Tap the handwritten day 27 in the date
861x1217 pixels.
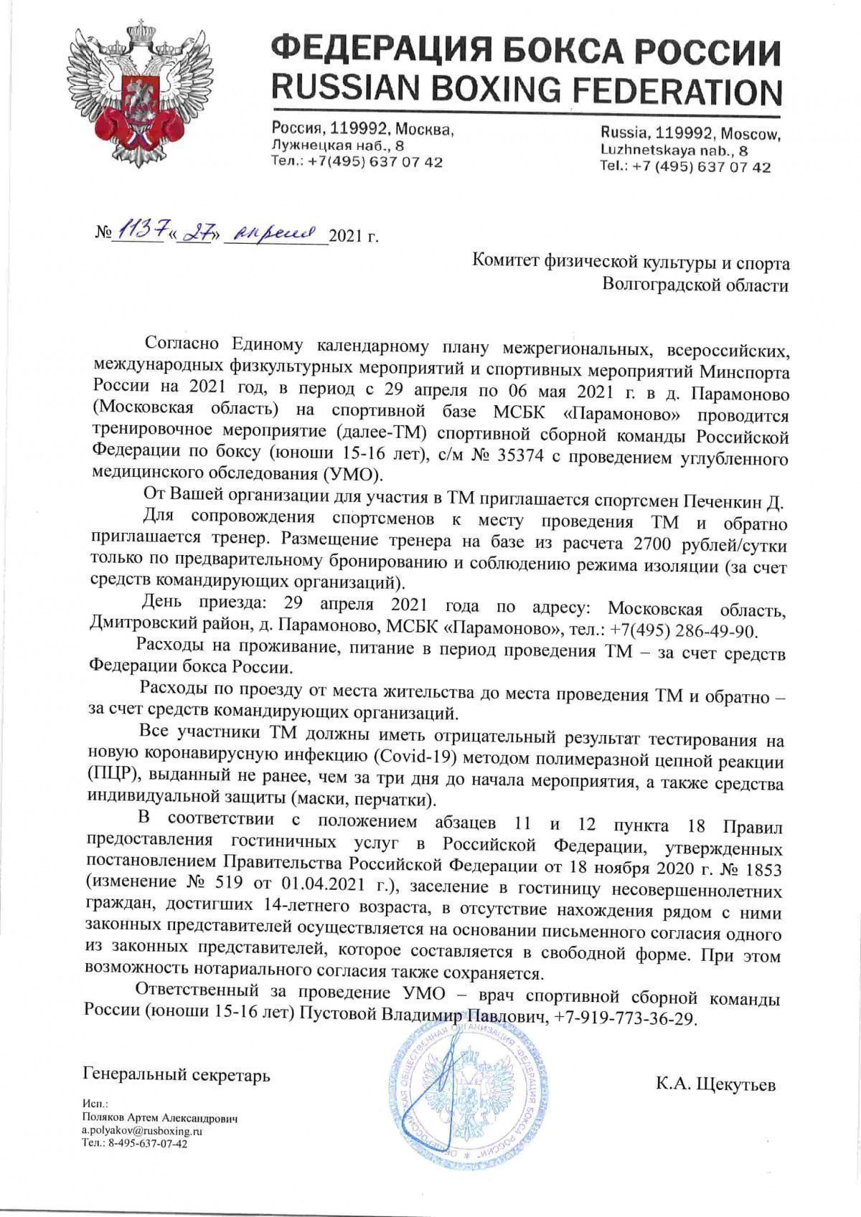[x=193, y=232]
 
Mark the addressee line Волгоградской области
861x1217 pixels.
[x=695, y=286]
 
